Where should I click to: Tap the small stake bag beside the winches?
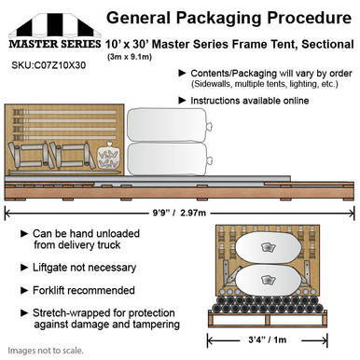pyautogui.click(x=109, y=154)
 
